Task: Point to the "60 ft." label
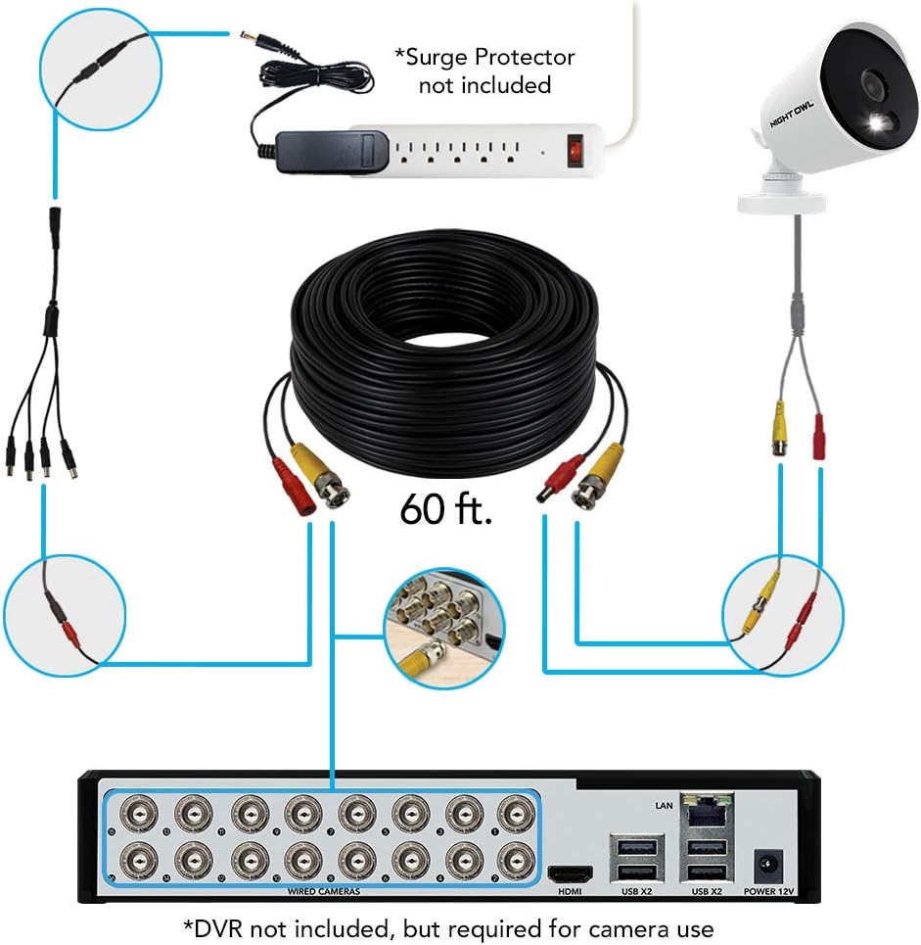click(445, 510)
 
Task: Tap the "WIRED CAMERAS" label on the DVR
click(323, 891)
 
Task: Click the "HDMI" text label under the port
click(570, 892)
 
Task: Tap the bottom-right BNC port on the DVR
click(512, 861)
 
